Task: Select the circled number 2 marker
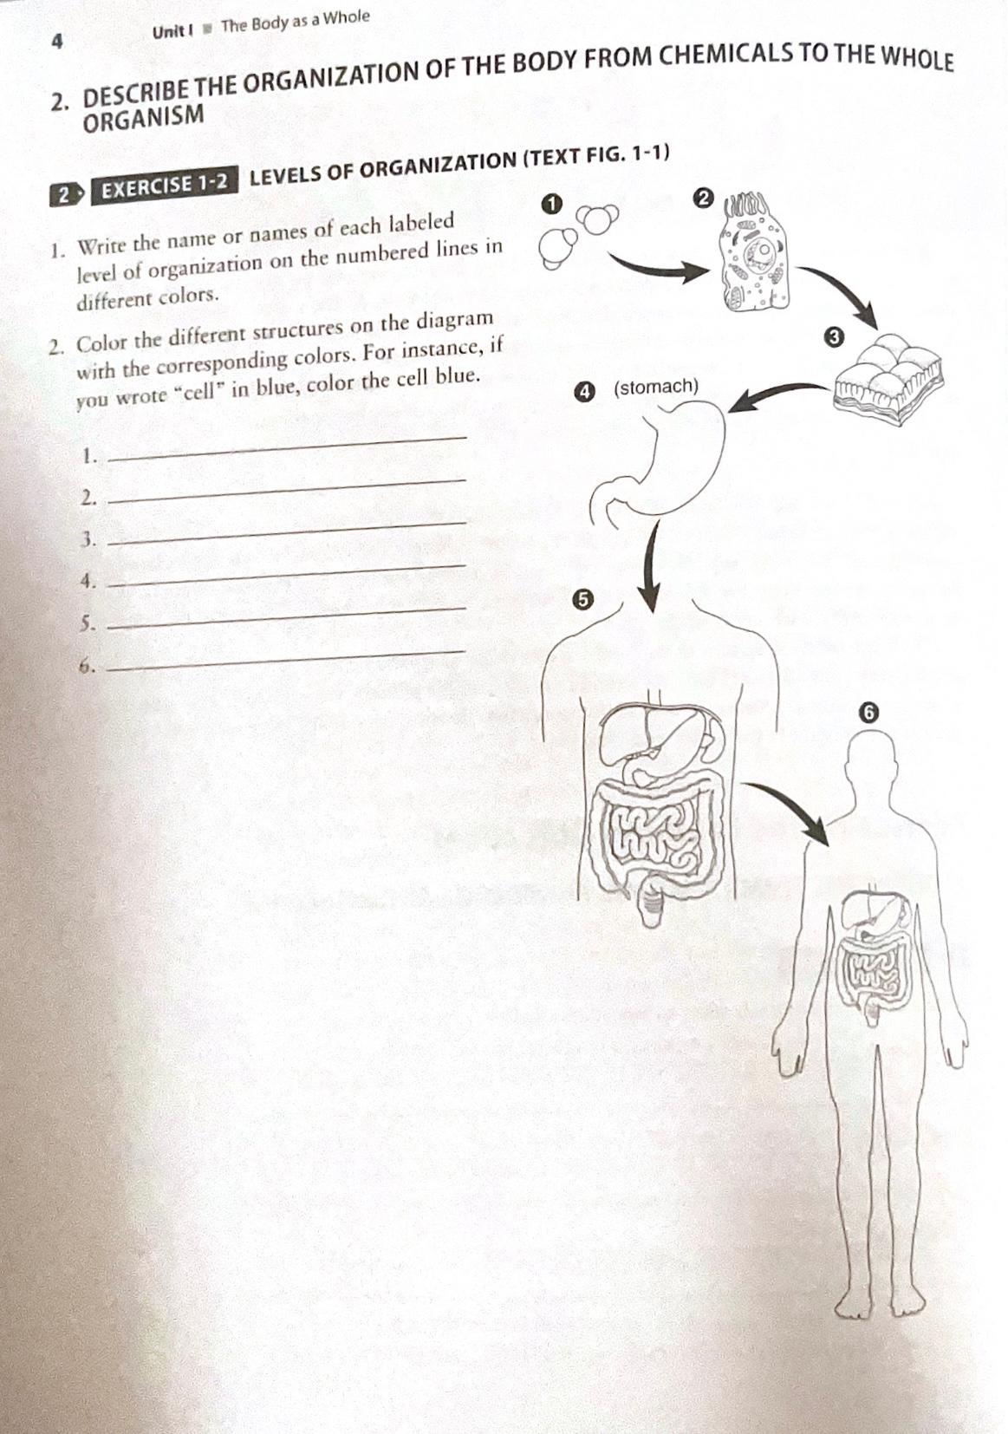point(704,199)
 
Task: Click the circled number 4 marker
point(586,392)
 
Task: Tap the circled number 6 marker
point(869,713)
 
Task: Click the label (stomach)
point(655,387)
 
